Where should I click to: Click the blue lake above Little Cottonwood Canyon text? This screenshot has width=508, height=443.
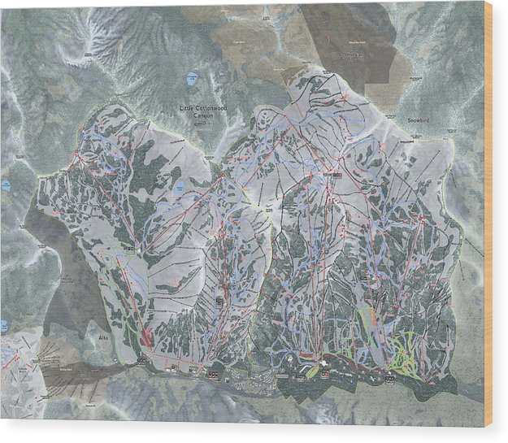(193, 79)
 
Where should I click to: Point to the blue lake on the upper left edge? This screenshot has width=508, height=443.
(6, 185)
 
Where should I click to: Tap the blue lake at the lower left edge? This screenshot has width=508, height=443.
(4, 326)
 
